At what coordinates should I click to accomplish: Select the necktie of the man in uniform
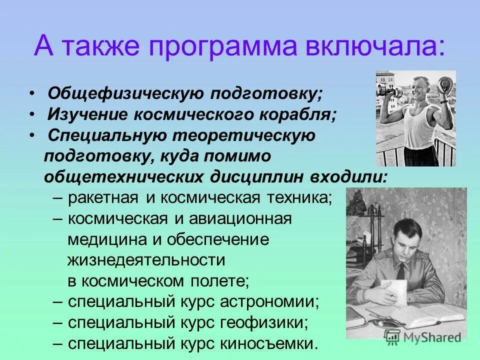400,273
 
